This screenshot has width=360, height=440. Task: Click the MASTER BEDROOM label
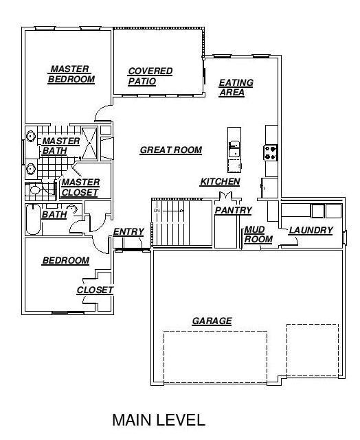point(71,74)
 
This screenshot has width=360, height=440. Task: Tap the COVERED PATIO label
point(150,76)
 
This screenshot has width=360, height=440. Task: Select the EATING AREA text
point(236,88)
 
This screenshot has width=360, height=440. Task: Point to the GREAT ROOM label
point(171,150)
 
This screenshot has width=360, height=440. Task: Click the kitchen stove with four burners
point(270,152)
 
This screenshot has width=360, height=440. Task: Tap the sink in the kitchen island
point(234,149)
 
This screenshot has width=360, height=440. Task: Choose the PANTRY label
point(233,211)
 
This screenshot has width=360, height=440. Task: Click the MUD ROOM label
point(258,235)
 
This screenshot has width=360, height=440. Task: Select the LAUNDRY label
point(311,231)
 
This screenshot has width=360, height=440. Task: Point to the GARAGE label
point(212,321)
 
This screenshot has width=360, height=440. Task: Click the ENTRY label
point(128,232)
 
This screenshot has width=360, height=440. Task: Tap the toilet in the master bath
point(34,189)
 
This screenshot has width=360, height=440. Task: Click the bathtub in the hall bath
point(33,220)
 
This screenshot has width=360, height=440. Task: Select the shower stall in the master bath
point(89,143)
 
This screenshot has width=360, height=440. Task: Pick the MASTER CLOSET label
point(80,187)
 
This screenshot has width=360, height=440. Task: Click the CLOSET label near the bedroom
point(95,290)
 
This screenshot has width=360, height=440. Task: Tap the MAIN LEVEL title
point(159,420)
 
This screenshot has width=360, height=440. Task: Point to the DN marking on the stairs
point(157,210)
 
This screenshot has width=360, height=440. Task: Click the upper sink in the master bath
point(30,136)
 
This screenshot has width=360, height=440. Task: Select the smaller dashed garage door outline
point(313,350)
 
